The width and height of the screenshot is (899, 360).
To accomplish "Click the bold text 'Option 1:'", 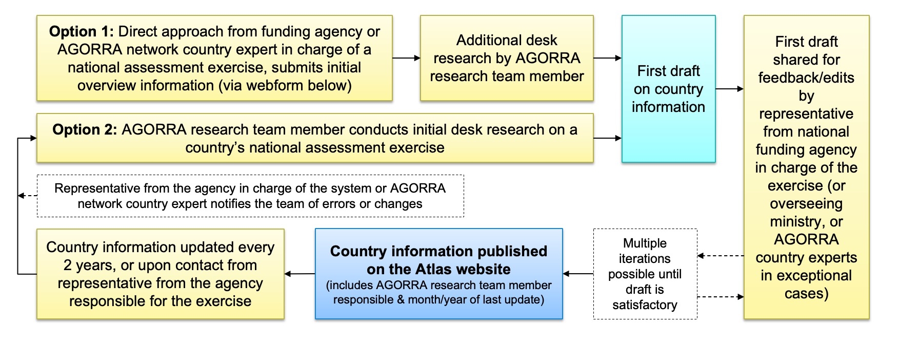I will tap(81, 32).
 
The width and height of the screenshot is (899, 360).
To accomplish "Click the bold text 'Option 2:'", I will tap(85, 130).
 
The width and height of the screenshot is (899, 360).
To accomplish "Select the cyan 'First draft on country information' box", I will tap(668, 89).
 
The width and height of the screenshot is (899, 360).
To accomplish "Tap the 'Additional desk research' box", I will tap(507, 58).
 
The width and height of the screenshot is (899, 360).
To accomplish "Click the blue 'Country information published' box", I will tap(438, 274).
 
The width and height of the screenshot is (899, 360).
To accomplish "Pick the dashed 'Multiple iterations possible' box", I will tap(645, 274).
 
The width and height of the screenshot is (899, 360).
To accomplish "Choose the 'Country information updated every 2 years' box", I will tap(160, 274).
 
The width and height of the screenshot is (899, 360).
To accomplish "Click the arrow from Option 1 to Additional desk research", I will tap(406, 58).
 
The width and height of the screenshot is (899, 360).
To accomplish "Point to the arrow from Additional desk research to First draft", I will tap(607, 58).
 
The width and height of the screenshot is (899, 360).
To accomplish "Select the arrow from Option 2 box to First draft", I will tap(607, 138).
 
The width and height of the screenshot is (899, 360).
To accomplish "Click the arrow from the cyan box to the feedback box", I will tap(729, 89).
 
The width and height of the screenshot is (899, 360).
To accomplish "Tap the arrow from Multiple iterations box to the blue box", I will tap(578, 274).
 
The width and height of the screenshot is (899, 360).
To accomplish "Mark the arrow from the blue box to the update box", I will tap(299, 274).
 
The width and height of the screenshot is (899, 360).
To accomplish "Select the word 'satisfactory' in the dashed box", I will tap(645, 305).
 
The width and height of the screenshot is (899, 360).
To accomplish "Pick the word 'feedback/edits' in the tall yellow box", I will tap(806, 78).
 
